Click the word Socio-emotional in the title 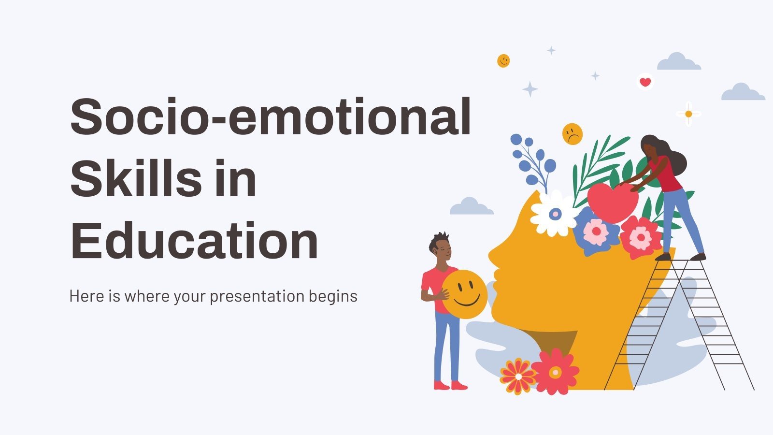coord(271,117)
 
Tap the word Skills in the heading coord(135,179)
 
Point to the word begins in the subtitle coord(333,296)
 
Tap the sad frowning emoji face coord(573,134)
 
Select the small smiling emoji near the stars coord(503,60)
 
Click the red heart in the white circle coord(645,82)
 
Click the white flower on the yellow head coord(555,213)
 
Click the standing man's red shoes coord(451,385)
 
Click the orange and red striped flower coord(518,376)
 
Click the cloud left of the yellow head coord(471,207)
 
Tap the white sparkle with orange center coord(688,114)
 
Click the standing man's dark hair coord(439,241)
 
